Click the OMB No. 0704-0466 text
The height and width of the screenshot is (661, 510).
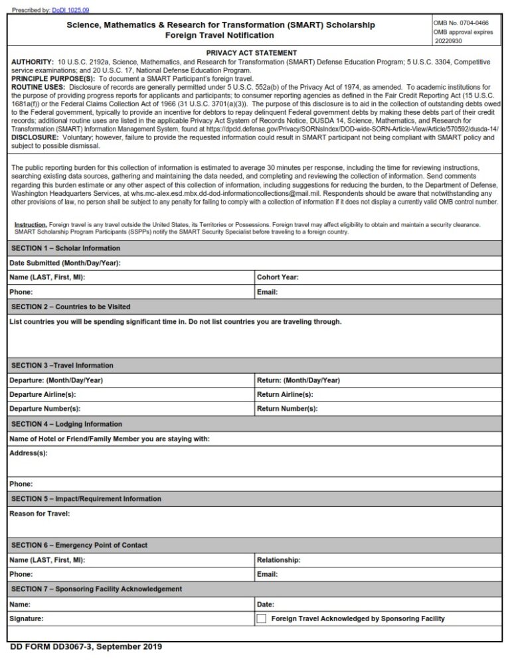[x=461, y=23]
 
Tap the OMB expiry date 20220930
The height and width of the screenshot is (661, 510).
[x=451, y=41]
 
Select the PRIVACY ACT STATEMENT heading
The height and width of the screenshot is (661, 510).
[x=251, y=53]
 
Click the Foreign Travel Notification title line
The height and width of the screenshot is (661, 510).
[x=220, y=35]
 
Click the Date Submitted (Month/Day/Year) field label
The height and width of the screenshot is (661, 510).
[x=65, y=263]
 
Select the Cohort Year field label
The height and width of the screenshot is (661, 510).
[x=278, y=277]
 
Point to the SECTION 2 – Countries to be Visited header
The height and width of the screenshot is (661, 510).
[x=71, y=307]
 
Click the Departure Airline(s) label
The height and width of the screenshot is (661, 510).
[x=42, y=394]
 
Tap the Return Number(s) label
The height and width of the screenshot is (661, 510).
[x=287, y=409]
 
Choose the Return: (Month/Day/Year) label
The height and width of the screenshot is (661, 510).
[x=298, y=380]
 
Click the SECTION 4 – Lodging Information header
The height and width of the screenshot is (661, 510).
[x=67, y=424]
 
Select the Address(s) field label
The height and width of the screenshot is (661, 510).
[x=29, y=453]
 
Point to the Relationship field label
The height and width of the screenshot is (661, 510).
[x=278, y=560]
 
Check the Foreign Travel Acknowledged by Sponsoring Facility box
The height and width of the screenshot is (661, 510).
[x=262, y=619]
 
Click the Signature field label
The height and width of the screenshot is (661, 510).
[x=27, y=619]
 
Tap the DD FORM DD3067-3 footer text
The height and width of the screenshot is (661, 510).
[x=86, y=647]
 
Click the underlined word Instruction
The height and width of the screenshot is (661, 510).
[x=31, y=225]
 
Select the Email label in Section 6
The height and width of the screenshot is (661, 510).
[x=267, y=574]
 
